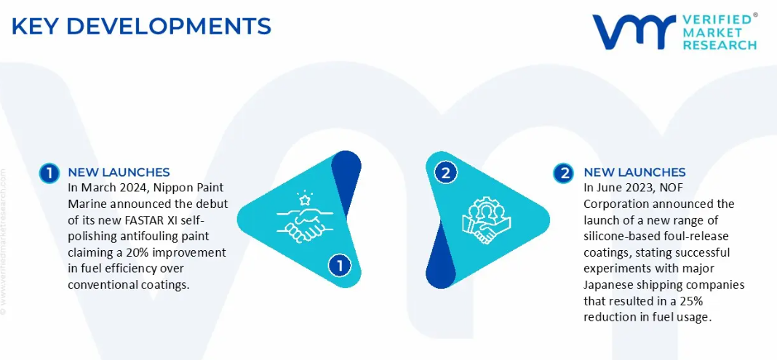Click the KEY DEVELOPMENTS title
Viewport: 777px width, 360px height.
pos(141,26)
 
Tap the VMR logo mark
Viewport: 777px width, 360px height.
pos(634,32)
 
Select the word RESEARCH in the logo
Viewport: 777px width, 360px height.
pos(720,45)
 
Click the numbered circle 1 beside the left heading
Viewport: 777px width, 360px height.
pos(49,173)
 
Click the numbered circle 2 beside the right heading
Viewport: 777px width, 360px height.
pos(565,173)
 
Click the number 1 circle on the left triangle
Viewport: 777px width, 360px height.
pos(340,266)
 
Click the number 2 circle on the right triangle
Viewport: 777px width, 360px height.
pos(445,173)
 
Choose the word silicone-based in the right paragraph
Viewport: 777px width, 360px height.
pos(615,236)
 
